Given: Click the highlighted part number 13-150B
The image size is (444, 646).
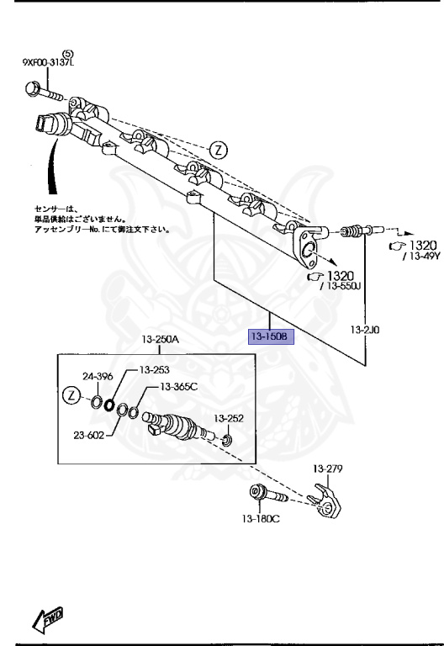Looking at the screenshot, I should point(270,337).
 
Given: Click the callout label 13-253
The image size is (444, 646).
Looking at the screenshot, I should point(155,369).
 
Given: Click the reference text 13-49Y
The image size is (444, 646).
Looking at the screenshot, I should point(419,257).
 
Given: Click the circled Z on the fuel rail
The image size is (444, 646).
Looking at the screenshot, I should point(218,151).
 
